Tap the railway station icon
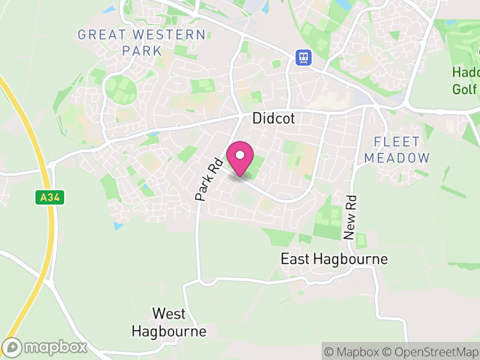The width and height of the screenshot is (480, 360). click(304, 57)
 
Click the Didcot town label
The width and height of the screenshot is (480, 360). click(274, 118)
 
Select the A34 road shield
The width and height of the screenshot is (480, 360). click(49, 197)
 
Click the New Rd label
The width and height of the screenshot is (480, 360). click(350, 217)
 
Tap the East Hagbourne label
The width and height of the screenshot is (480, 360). click(334, 259)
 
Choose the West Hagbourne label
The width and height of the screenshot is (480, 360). click(169, 322)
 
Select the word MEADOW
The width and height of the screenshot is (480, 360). click(402, 158)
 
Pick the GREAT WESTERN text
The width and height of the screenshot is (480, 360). click(142, 34)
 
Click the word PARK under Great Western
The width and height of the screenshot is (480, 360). click(142, 50)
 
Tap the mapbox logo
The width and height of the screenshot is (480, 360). click(46, 347)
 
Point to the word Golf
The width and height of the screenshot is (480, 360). click(465, 89)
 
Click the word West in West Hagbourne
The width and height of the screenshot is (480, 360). click(169, 313)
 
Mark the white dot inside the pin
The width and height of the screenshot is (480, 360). click(240, 155)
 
